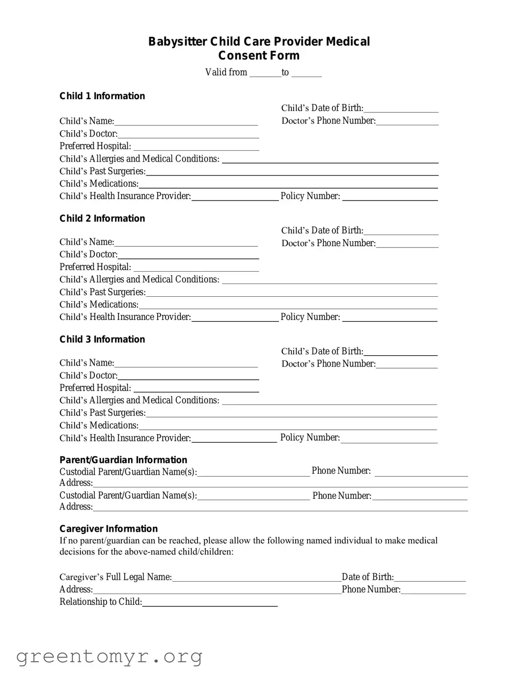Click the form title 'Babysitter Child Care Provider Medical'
259,42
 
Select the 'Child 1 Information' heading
102,96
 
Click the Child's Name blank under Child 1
186,121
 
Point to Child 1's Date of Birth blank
401,108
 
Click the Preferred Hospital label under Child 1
95,146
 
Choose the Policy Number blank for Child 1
389,196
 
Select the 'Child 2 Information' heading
102,218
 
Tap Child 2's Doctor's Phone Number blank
407,243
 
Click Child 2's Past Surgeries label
102,292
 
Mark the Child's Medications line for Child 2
288,305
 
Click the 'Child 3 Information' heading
102,339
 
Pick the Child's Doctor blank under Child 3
188,375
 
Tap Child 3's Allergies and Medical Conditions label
139,400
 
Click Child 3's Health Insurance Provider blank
234,438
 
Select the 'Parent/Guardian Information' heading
123,460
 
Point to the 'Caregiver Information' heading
109,529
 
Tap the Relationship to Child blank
210,602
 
